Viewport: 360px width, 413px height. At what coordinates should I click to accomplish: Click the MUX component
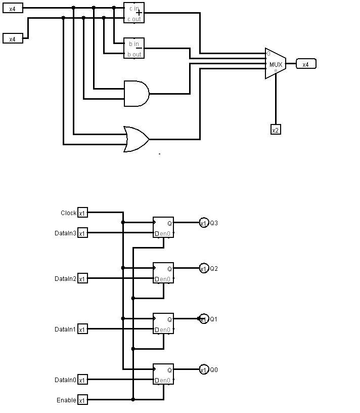point(275,64)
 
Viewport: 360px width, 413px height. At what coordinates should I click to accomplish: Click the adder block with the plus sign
point(134,13)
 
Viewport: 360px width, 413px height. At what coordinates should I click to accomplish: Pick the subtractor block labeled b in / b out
point(134,48)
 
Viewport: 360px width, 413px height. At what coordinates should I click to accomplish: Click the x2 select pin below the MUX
point(276,130)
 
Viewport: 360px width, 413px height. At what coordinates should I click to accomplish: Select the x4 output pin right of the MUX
point(306,64)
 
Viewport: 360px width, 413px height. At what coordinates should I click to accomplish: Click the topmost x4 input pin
point(13,9)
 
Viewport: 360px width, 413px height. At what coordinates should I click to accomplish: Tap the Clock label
point(68,213)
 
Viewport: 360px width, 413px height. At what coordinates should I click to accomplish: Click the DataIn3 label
point(66,233)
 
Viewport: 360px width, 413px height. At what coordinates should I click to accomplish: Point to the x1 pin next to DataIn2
point(82,278)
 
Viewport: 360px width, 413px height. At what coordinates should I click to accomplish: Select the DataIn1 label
point(66,329)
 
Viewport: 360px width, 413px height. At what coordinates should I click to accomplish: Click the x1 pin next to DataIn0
point(82,380)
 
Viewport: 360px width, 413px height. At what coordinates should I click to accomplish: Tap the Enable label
point(67,400)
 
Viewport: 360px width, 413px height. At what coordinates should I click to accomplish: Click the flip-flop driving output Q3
point(163,228)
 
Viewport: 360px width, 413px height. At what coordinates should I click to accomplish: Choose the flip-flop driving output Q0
point(163,375)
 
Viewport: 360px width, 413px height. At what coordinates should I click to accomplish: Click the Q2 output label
point(214,269)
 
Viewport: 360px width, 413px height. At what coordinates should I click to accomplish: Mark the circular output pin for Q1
point(204,319)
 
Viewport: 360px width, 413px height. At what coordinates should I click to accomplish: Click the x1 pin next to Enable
point(82,400)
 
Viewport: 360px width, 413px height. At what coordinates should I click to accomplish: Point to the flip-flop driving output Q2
point(163,273)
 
